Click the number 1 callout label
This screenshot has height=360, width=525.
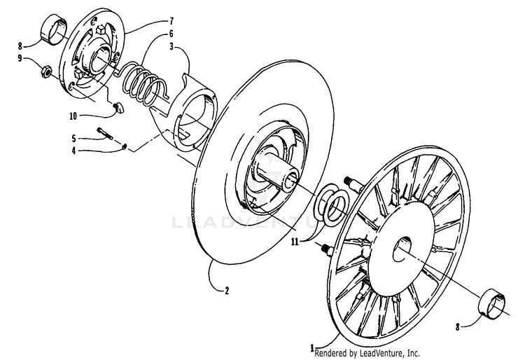pos(312,346)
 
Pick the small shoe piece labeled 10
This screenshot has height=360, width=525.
pos(119,107)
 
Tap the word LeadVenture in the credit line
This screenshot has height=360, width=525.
pos(379,354)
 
